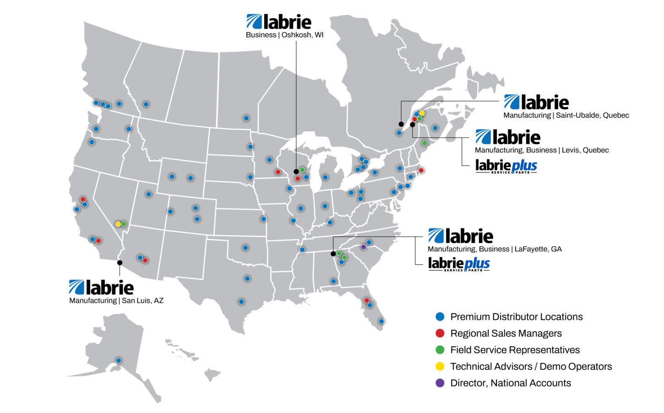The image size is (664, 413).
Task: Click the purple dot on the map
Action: (x=363, y=247)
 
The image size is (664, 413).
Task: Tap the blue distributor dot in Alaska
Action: (x=118, y=360)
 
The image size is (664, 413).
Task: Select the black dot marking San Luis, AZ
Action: (x=120, y=263)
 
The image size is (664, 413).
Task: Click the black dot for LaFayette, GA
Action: (x=333, y=254)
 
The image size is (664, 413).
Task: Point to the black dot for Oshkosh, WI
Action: (x=296, y=172)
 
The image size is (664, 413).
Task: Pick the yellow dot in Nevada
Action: (x=118, y=224)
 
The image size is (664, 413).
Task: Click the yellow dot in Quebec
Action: (x=422, y=113)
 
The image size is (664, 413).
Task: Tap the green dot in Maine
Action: (x=424, y=143)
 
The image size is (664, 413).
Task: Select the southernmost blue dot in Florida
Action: (x=381, y=321)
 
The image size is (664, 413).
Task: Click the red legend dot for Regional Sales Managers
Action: (x=440, y=333)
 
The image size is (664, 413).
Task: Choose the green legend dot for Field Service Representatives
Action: (x=440, y=350)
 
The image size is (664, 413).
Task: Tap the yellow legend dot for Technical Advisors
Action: (x=440, y=366)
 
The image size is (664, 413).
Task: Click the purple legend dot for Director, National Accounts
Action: (x=440, y=383)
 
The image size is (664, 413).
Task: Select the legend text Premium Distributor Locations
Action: (x=516, y=317)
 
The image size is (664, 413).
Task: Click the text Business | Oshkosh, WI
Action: (x=284, y=35)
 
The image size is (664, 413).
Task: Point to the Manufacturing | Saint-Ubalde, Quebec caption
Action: (x=566, y=115)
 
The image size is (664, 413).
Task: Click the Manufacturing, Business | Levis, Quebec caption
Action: (x=542, y=150)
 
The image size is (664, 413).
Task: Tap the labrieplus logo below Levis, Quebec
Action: (x=506, y=166)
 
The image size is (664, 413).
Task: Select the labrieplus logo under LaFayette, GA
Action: (x=459, y=264)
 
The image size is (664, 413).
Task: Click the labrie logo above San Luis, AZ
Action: (x=101, y=288)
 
